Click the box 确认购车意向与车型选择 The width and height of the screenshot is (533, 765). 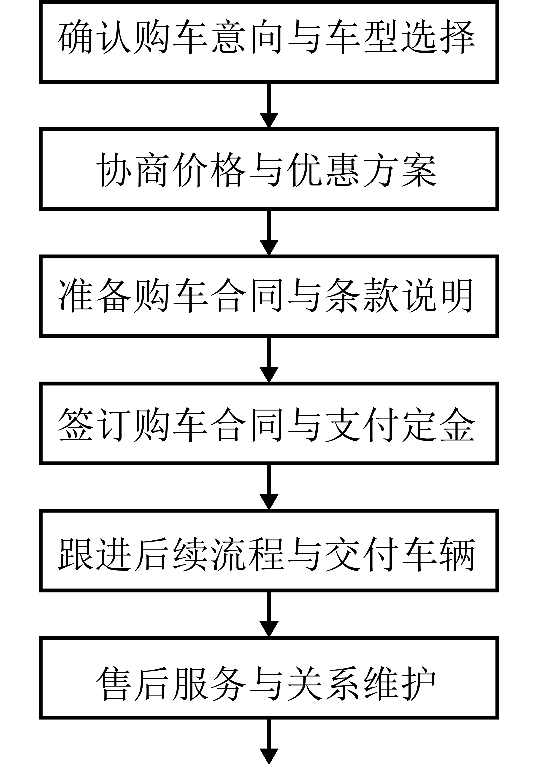point(269,42)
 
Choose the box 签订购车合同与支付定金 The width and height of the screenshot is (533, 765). point(269,424)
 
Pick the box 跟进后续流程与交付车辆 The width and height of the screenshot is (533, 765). point(269,550)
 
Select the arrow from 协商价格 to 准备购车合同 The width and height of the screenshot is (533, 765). point(269,233)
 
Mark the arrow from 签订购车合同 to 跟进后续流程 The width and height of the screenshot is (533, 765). point(269,487)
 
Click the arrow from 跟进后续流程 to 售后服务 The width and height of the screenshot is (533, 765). point(269,614)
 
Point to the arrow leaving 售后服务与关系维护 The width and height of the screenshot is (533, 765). point(269,742)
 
